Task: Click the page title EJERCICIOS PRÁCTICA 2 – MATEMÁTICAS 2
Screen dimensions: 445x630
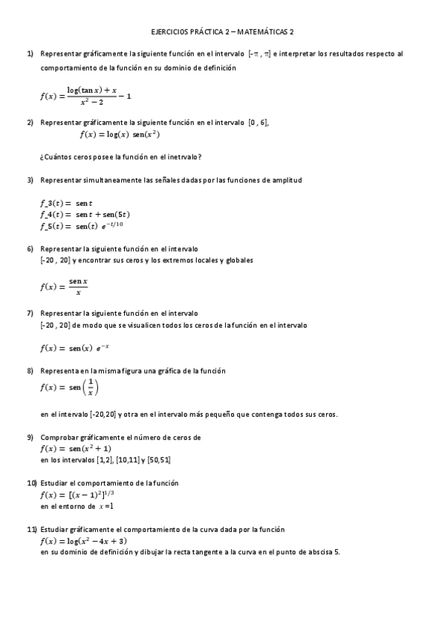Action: (x=222, y=33)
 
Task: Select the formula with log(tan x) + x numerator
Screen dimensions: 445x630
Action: (x=86, y=95)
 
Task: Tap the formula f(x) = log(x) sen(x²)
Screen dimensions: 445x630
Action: (x=120, y=134)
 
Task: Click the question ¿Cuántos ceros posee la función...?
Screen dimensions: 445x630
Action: (x=120, y=156)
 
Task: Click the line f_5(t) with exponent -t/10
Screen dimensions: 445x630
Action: (x=82, y=226)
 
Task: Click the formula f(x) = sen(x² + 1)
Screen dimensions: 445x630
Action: (x=76, y=449)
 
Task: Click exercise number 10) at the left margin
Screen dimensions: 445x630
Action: (x=32, y=483)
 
